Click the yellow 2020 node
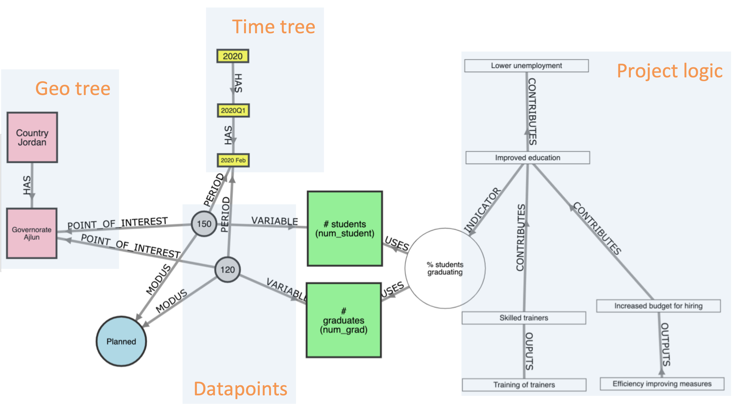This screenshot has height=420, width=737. (x=233, y=56)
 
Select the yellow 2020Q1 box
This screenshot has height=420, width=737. (x=233, y=111)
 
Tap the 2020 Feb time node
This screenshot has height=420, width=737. (x=233, y=160)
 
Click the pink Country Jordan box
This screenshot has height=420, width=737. (x=32, y=137)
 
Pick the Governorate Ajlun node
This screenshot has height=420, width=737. (x=32, y=233)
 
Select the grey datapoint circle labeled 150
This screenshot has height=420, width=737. (x=204, y=224)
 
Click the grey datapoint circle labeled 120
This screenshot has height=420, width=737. (x=227, y=270)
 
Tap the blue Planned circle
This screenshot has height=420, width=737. (x=121, y=342)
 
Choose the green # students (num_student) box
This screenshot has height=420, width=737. (x=345, y=228)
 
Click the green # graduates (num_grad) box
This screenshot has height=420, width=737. (x=344, y=320)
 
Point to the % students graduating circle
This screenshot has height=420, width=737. (x=445, y=268)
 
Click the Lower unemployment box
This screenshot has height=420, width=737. (x=526, y=66)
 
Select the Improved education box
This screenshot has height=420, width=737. (x=527, y=158)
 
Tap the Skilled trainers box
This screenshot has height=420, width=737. (x=524, y=318)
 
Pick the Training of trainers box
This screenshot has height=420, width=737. (x=524, y=385)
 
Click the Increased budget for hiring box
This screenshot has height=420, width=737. (x=658, y=306)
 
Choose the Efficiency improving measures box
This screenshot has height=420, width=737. (x=662, y=384)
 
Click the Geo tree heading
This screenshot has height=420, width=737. (x=73, y=88)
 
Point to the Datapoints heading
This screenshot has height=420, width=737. (x=240, y=389)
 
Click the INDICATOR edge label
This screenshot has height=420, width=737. (x=482, y=210)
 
